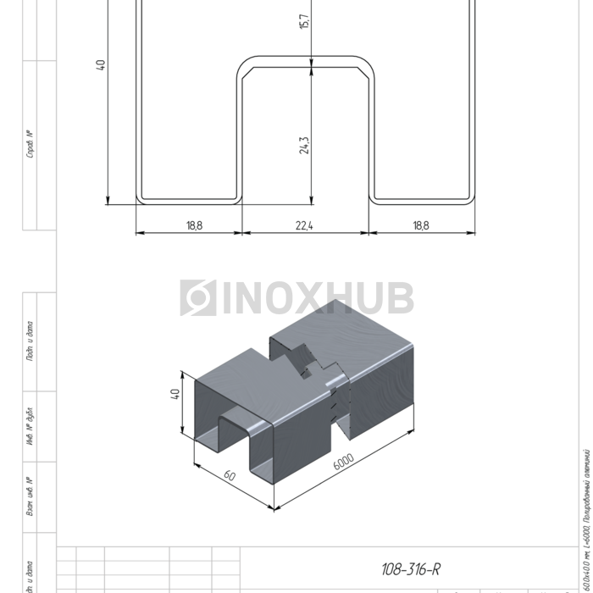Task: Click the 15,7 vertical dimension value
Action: (304, 19)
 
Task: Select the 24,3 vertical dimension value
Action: (304, 145)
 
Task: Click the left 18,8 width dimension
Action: (194, 225)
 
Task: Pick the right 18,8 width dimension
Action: (421, 225)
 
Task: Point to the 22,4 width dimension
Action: (306, 225)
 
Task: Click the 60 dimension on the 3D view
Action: (229, 476)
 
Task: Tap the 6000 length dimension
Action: (342, 463)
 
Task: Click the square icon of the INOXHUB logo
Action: (198, 298)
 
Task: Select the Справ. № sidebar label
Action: (30, 144)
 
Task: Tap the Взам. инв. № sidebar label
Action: (30, 497)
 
